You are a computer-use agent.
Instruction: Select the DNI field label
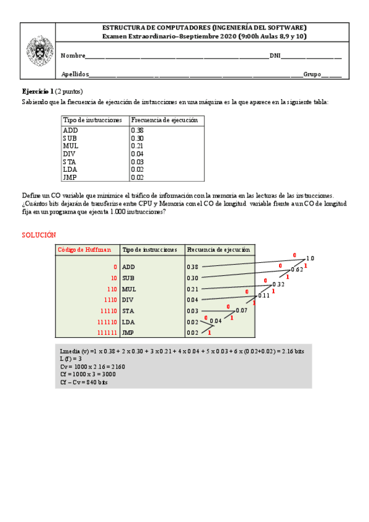coord(275,56)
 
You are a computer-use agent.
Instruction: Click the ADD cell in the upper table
coord(70,130)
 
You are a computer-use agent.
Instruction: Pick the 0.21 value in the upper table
coord(137,146)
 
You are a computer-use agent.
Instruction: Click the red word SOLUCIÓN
coord(39,235)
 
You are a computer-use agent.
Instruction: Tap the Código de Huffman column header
coord(84,250)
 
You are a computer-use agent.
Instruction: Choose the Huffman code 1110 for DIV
coord(110,300)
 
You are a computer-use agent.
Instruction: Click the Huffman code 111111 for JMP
coord(107,333)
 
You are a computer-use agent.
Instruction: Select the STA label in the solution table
coord(128,311)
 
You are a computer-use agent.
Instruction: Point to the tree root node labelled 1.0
coord(310,259)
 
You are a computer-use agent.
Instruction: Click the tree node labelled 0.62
coord(296,270)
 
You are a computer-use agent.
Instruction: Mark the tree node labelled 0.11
coord(264,295)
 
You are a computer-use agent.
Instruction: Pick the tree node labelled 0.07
coord(241,310)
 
